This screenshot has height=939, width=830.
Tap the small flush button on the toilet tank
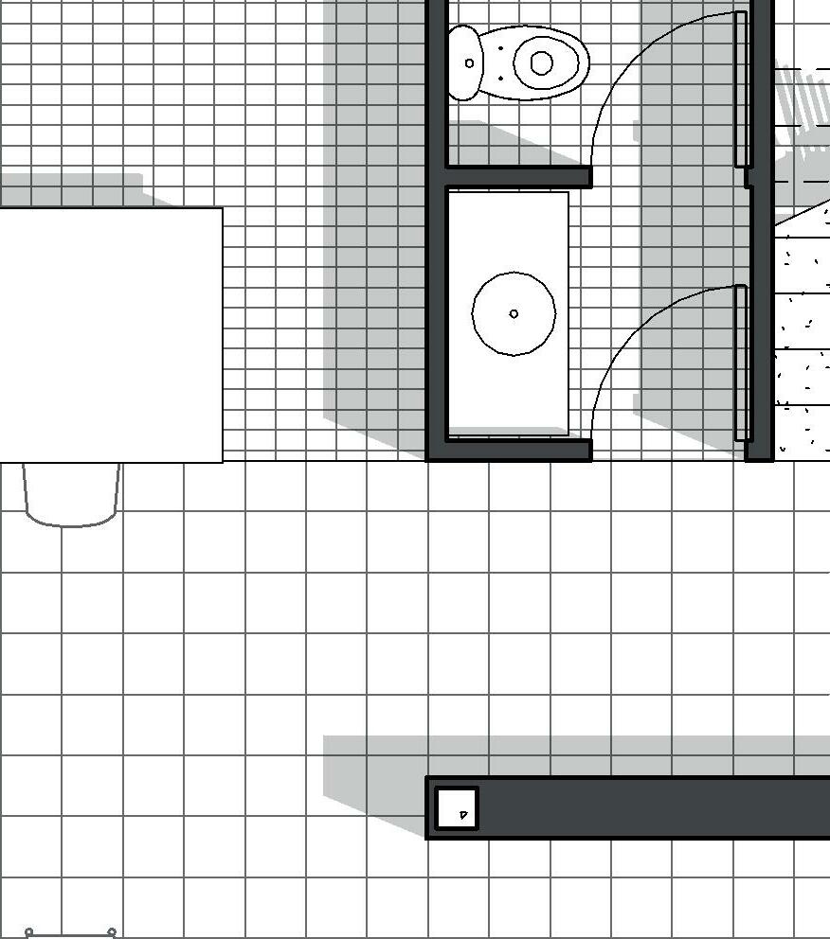(470, 63)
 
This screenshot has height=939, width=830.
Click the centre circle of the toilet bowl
(541, 62)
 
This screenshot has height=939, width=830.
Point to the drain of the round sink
(514, 313)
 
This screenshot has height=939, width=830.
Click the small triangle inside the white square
(463, 814)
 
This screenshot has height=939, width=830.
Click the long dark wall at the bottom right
(654, 807)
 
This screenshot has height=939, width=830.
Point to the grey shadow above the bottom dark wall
(568, 755)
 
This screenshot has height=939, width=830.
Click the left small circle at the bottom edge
(28, 932)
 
